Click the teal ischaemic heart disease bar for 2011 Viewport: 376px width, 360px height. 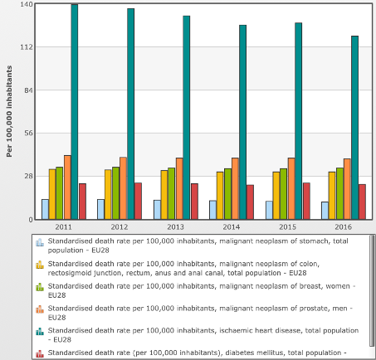(75, 112)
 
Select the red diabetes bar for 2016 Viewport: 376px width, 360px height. (362, 202)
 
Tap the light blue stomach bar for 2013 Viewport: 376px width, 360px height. (157, 210)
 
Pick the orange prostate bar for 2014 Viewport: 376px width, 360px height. (235, 188)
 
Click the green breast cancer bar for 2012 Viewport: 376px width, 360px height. (115, 193)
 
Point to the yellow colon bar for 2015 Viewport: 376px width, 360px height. (276, 196)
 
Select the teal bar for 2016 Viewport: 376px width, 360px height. (355, 128)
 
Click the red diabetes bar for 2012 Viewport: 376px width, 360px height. (138, 201)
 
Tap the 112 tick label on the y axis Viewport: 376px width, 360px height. (26, 47)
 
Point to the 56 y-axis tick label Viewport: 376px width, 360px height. (28, 134)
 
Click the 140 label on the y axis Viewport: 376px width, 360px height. (26, 4)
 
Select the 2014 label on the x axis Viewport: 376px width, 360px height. (232, 227)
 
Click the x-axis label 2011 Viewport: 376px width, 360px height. (63, 227)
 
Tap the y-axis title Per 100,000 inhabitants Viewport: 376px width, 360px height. (9, 111)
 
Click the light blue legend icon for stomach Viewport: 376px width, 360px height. (40, 242)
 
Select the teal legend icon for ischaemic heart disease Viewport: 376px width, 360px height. (40, 331)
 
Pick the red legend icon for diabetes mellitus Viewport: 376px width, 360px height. (40, 353)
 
